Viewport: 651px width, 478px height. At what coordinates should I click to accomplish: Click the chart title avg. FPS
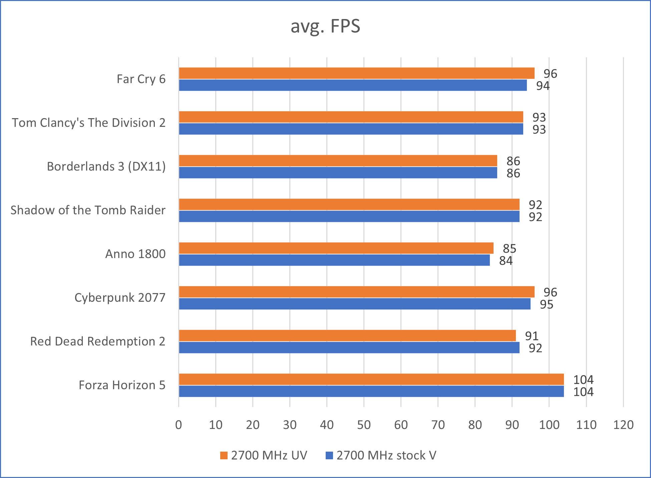coord(325,26)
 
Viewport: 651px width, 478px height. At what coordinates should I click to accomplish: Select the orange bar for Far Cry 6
coord(356,73)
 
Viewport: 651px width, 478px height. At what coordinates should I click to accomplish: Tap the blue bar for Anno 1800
coord(334,260)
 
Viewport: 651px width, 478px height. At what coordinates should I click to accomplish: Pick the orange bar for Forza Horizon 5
coord(371,379)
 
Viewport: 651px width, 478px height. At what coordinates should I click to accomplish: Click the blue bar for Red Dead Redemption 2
coord(349,347)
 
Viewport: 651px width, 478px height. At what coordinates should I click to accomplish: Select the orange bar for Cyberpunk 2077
coord(356,292)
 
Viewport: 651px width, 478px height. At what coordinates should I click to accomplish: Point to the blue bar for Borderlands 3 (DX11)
coord(338,173)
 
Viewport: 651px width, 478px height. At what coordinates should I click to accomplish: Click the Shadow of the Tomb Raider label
coord(88,210)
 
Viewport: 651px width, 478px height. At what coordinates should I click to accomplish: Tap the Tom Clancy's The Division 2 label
coord(89,123)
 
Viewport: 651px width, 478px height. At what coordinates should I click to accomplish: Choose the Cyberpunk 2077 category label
coord(120,297)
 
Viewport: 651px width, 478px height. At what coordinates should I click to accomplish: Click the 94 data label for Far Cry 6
coord(543,86)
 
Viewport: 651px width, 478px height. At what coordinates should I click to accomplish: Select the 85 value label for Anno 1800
coord(509,248)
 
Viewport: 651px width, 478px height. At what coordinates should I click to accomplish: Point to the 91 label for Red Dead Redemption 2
coord(532,336)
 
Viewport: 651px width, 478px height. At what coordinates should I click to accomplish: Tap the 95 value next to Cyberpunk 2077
coord(546,304)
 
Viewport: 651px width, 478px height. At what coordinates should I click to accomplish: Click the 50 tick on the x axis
coord(364,425)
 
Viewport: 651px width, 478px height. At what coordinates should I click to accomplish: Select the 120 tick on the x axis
coord(623,425)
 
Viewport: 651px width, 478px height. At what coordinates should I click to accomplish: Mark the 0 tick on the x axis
coord(179,425)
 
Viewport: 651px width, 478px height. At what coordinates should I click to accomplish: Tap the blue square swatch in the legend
coord(329,455)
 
